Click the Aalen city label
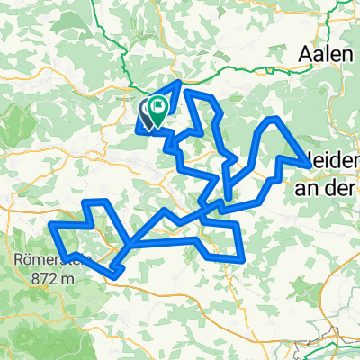(326, 54)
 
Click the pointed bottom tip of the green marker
(158, 125)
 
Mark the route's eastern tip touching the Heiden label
(311, 166)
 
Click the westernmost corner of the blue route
(51, 224)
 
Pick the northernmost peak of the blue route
(183, 83)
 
